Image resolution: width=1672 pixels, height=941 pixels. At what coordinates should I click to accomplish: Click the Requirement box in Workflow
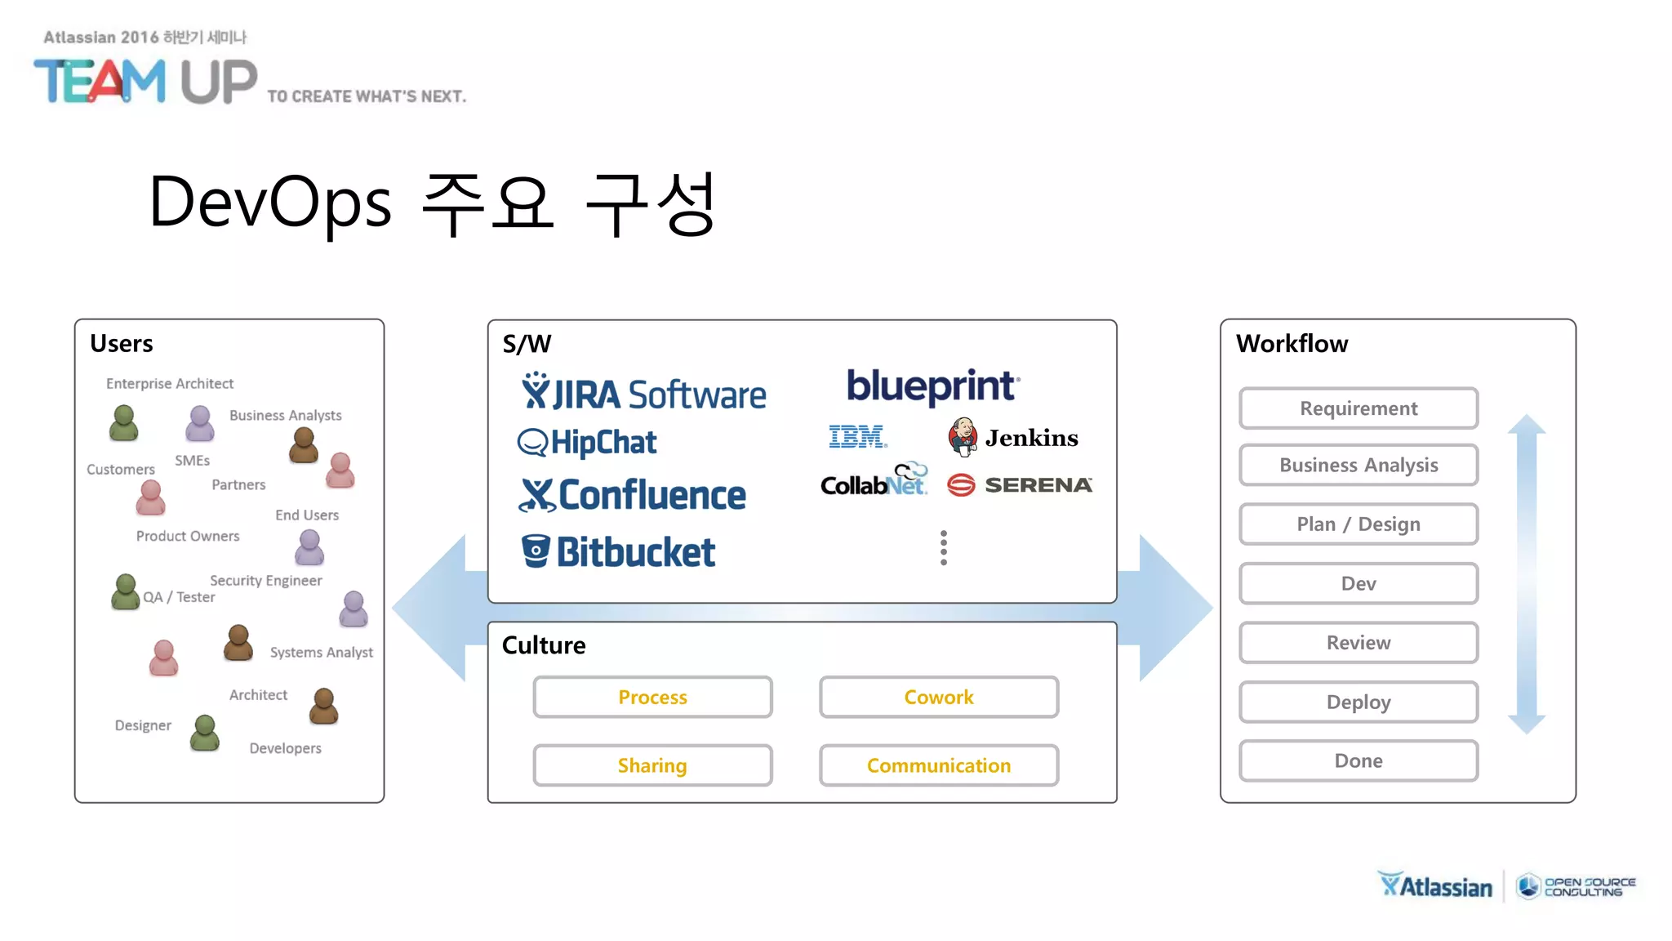tap(1358, 408)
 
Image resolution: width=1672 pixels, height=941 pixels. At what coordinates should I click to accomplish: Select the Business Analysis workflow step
tap(1358, 465)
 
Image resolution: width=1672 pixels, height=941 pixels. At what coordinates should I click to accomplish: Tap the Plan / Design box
tap(1358, 524)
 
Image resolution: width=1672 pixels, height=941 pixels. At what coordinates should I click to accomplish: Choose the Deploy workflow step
tap(1358, 702)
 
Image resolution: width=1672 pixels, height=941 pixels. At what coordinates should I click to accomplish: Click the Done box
tap(1358, 760)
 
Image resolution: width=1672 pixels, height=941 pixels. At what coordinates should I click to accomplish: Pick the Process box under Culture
tap(652, 697)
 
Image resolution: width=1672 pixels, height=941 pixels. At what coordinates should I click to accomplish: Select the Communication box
tap(938, 765)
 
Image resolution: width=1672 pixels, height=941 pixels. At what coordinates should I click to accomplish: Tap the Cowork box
tap(938, 697)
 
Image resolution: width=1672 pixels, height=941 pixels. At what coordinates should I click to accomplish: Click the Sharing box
tap(652, 765)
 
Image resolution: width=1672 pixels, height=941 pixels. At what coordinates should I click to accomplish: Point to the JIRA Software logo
tap(643, 393)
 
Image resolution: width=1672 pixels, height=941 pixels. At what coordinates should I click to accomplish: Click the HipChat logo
tap(587, 442)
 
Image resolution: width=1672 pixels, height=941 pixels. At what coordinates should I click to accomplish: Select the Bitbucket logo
tap(618, 552)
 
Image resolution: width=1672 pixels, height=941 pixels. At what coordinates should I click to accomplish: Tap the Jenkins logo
tap(1012, 438)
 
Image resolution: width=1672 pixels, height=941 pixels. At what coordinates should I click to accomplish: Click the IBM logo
tap(857, 437)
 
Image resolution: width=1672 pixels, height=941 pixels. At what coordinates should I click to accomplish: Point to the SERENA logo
tap(1020, 485)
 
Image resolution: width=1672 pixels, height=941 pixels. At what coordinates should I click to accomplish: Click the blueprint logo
tap(932, 386)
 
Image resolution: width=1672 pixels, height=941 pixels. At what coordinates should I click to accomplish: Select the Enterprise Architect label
tap(169, 383)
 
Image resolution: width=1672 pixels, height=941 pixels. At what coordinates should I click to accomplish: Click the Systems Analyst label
tap(321, 652)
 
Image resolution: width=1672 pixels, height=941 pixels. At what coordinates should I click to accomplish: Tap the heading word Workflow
tap(1292, 344)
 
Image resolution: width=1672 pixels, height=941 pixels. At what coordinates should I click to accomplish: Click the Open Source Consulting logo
tap(1576, 886)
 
